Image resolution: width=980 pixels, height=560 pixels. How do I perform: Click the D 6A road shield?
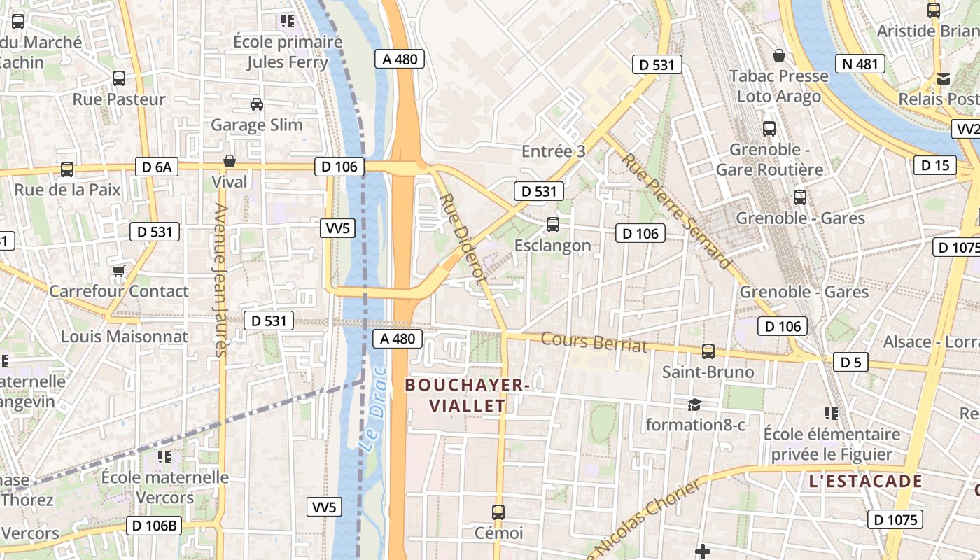[x=157, y=167]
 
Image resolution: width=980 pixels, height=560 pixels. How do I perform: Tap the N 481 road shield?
[x=860, y=64]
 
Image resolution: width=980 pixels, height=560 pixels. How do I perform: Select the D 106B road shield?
[x=154, y=525]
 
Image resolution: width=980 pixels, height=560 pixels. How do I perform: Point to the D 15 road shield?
[x=934, y=165]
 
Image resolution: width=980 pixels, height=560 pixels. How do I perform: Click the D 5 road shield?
[x=850, y=362]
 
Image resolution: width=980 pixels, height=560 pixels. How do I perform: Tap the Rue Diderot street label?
[x=463, y=239]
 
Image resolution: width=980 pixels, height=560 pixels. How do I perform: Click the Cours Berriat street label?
[x=594, y=342]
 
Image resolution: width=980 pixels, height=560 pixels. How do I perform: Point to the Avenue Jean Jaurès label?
[x=221, y=280]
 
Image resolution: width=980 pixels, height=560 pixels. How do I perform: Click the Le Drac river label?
[x=373, y=409]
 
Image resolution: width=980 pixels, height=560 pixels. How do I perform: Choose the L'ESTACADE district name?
[x=865, y=482]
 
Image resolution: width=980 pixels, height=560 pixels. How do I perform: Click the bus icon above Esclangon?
[x=553, y=225]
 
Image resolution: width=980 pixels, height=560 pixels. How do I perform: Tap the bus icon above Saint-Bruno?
[x=708, y=351]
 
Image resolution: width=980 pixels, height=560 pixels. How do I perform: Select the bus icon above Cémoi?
[x=498, y=512]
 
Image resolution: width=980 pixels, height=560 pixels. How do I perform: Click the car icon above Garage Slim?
[x=257, y=104]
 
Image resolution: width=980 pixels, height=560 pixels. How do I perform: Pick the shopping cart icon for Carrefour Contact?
[x=119, y=270]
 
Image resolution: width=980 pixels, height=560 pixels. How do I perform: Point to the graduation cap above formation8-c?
[x=694, y=405]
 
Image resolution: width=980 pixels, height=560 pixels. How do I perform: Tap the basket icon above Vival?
[x=230, y=162]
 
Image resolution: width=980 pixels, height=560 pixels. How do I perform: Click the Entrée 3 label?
[x=553, y=151]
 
